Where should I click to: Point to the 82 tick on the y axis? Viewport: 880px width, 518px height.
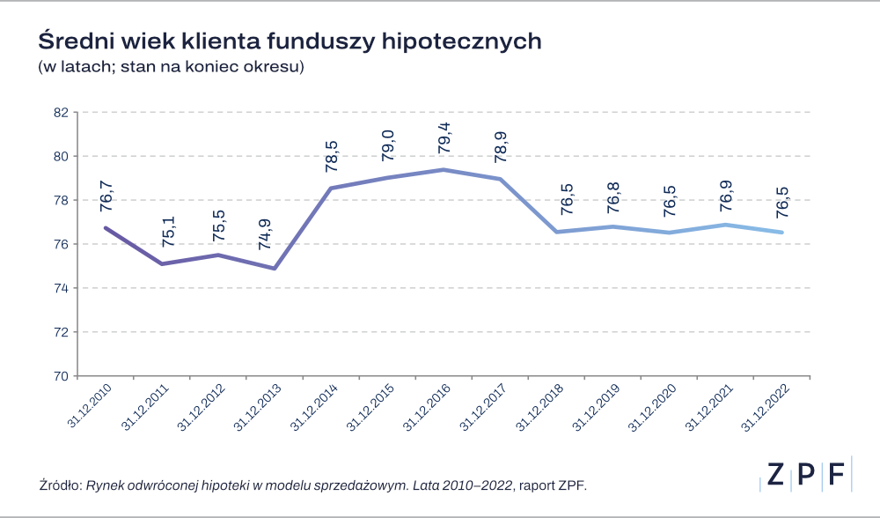(61, 113)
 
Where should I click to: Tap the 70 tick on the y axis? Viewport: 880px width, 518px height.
(61, 376)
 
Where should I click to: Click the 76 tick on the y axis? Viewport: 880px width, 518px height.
(61, 244)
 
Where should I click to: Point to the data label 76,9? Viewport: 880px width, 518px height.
(725, 193)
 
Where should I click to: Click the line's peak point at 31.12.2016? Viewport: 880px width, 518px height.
(444, 169)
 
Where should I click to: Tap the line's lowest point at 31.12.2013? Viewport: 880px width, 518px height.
(275, 268)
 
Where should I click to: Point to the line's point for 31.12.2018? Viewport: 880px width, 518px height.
(556, 233)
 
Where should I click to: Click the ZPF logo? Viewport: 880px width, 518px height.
(804, 474)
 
